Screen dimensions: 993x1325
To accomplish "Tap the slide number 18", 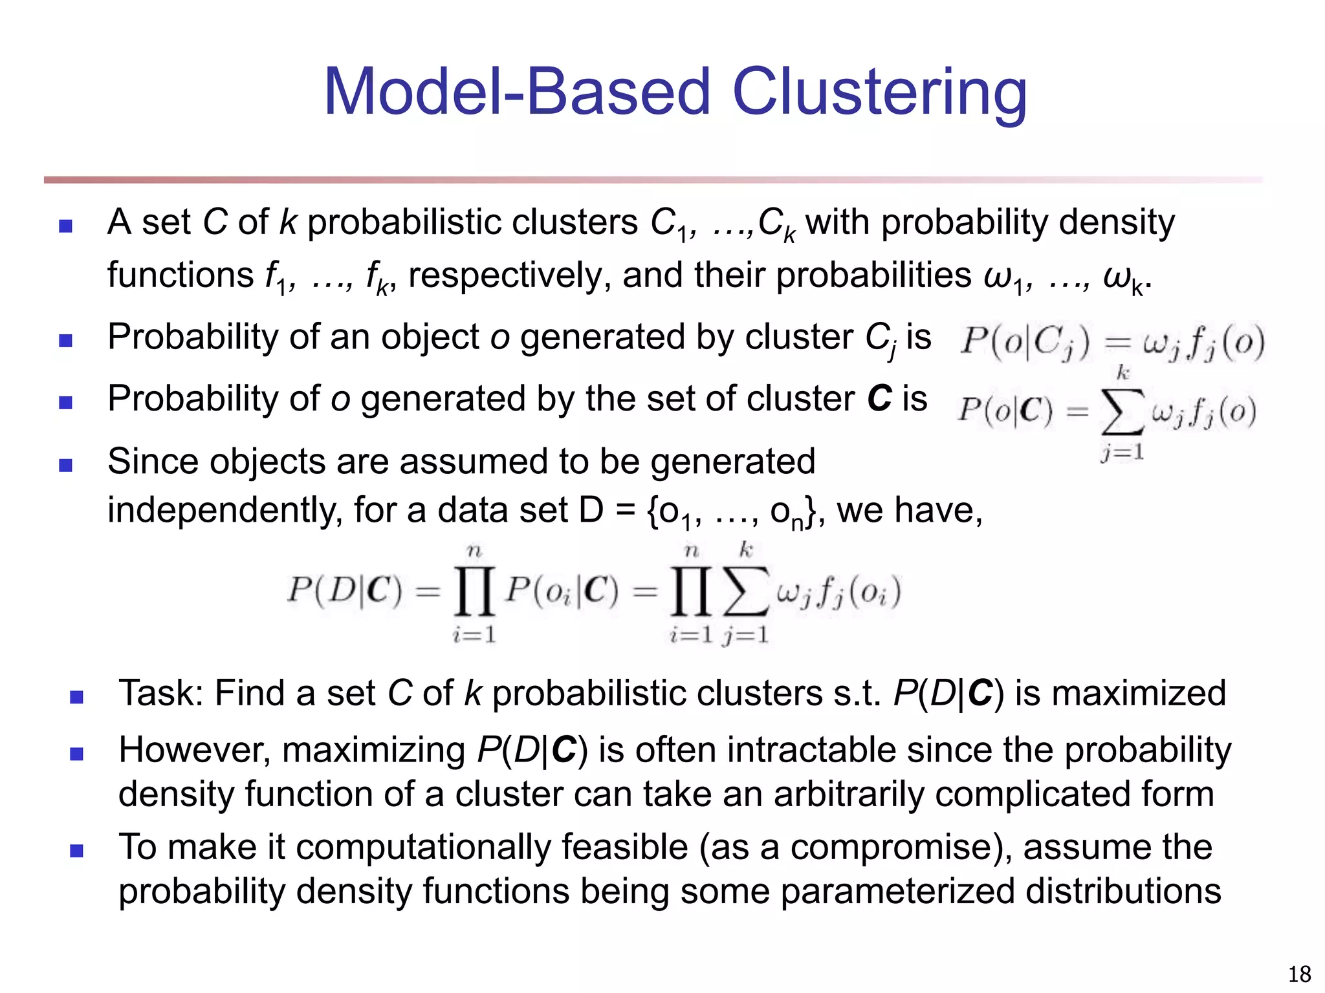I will pos(1299,974).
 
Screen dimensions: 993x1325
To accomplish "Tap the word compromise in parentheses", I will pos(897,848).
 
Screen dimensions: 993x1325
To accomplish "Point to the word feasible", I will pos(624,848).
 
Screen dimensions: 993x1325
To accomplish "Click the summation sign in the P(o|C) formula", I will pos(1122,412).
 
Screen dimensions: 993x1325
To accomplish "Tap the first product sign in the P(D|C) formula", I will pos(474,591).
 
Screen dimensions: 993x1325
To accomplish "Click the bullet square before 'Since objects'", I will pos(65,465).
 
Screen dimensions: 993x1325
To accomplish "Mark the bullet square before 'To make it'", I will pos(76,851).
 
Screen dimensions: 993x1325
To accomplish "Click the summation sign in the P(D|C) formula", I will pos(745,591).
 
